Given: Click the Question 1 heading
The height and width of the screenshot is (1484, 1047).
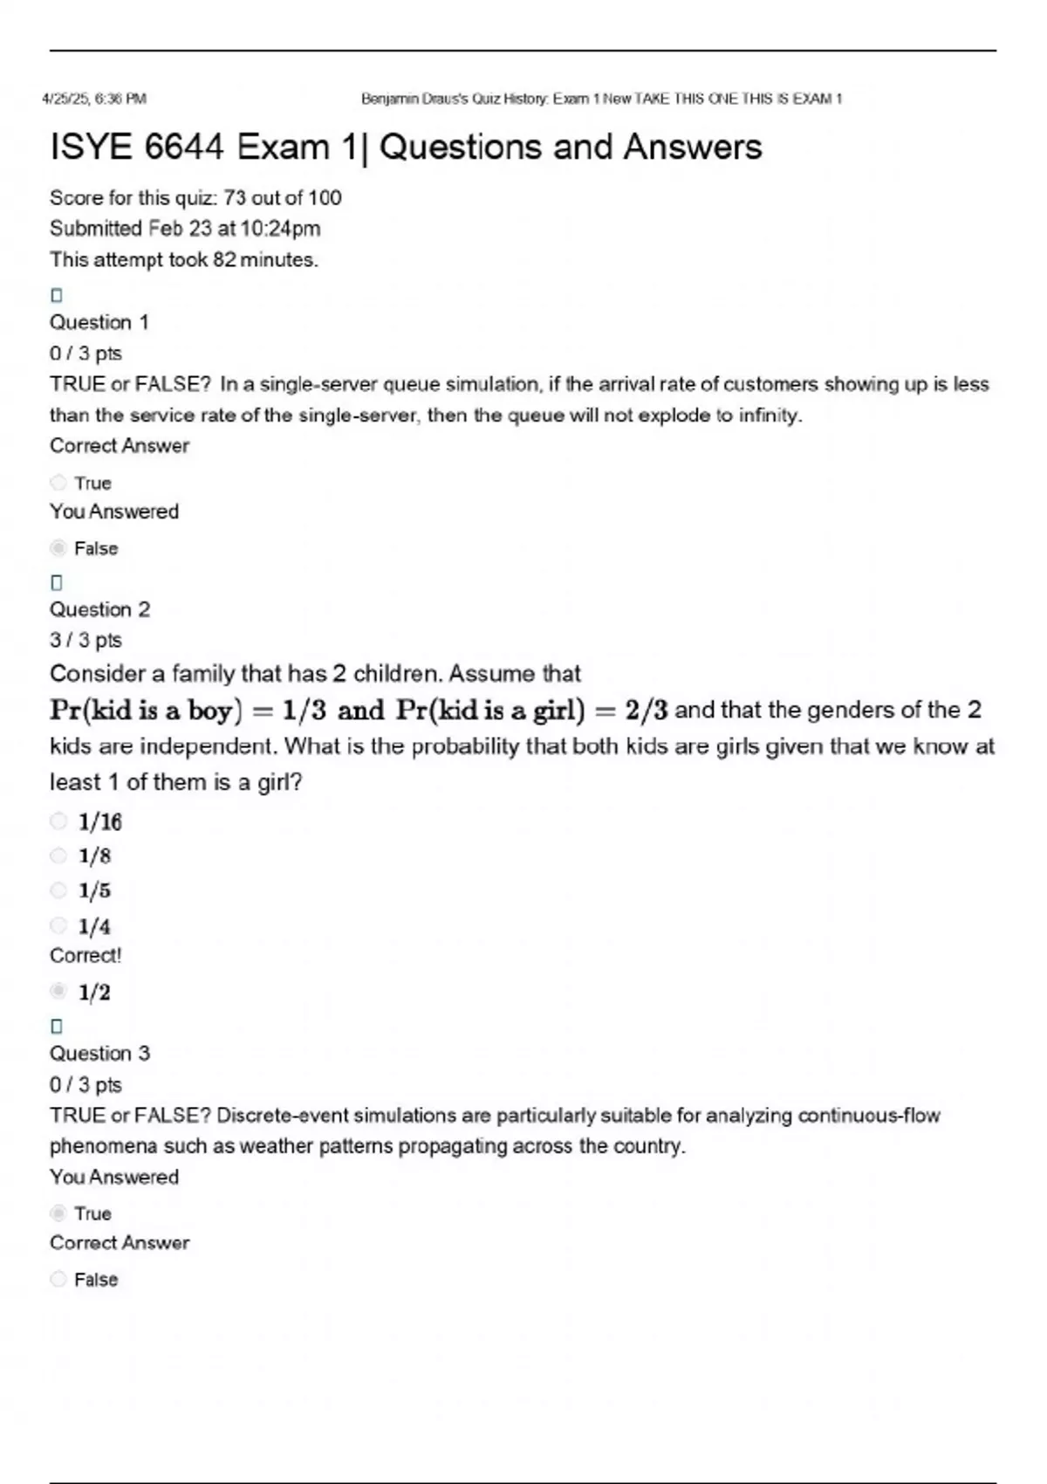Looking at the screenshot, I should click(x=99, y=322).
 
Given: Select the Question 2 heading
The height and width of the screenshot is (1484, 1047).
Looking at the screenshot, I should click(x=99, y=609).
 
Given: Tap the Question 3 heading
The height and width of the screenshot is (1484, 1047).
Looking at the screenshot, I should click(x=99, y=1054).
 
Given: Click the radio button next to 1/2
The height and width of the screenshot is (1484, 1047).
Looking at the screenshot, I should click(x=58, y=991).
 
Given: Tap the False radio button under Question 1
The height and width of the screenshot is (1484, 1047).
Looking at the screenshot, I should click(x=58, y=548).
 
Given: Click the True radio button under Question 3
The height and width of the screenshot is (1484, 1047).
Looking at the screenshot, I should click(x=58, y=1213).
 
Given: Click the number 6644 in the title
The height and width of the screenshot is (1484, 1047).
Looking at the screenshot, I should click(x=184, y=148).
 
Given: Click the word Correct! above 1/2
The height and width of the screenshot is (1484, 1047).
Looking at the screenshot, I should click(x=86, y=956).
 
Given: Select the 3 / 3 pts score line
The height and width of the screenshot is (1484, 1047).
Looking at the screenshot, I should click(x=86, y=641).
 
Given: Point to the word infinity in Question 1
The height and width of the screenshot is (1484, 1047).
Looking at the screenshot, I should click(x=770, y=416).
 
